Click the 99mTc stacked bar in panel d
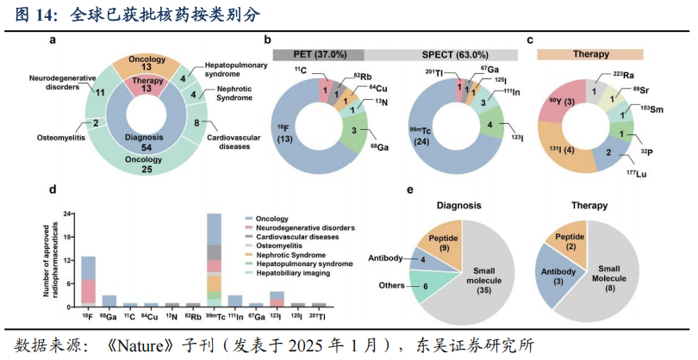214,258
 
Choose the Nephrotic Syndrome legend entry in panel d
281,254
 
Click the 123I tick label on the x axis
276,316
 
